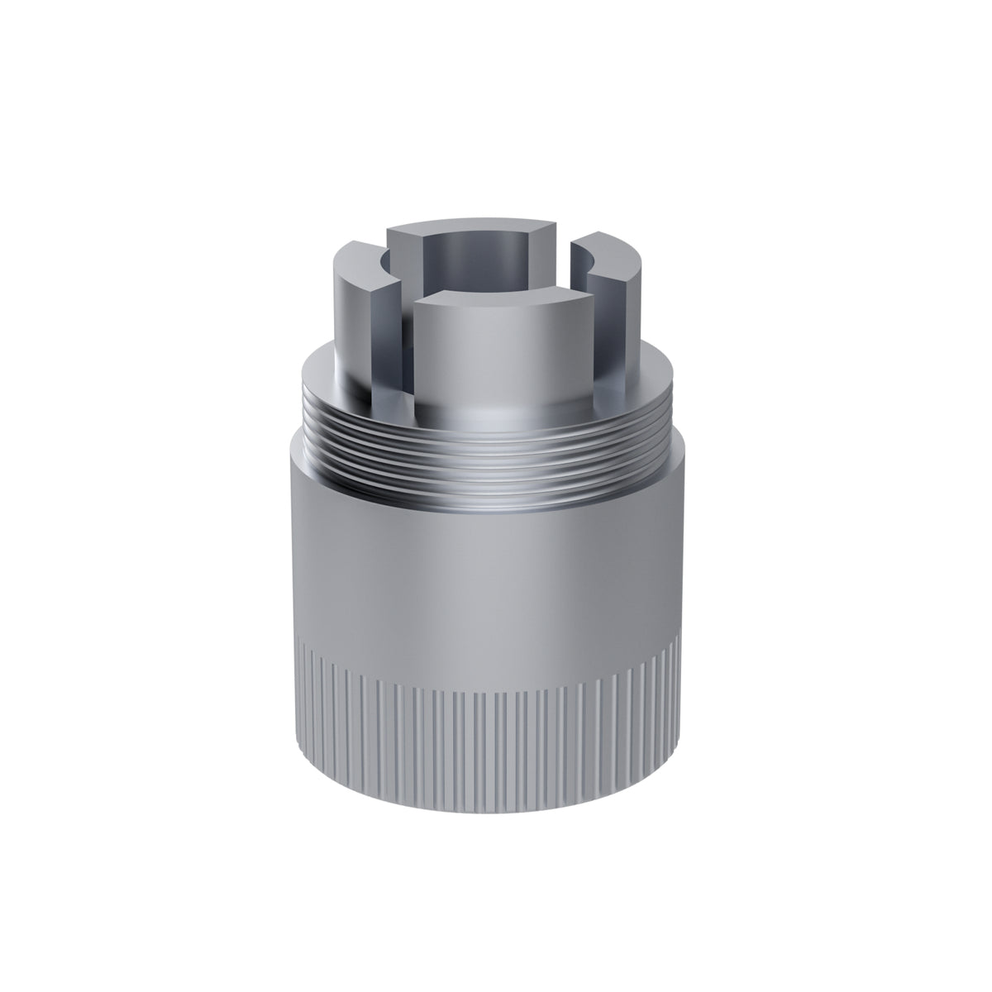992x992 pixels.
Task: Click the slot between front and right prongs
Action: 597,331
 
